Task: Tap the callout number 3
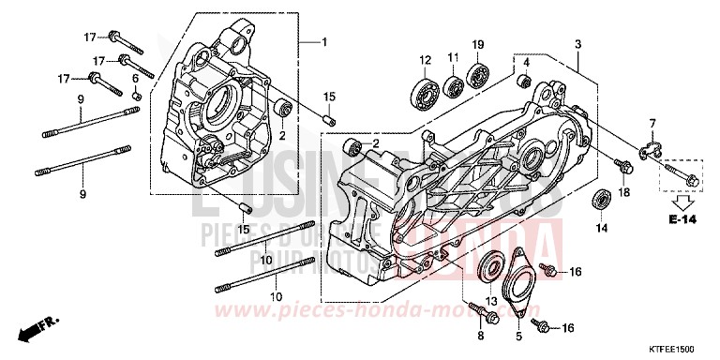click(578, 45)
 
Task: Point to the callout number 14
click(602, 228)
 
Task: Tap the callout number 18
click(623, 192)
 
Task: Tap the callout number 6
click(135, 78)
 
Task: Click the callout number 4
click(527, 63)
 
